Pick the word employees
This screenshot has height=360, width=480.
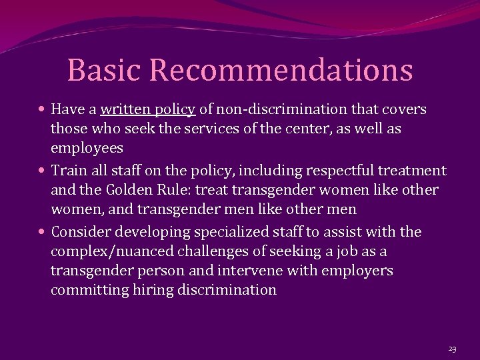pyautogui.click(x=87, y=148)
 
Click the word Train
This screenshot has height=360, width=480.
pyautogui.click(x=69, y=171)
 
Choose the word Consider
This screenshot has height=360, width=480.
pyautogui.click(x=81, y=232)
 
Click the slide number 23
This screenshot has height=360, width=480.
pyautogui.click(x=452, y=349)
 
